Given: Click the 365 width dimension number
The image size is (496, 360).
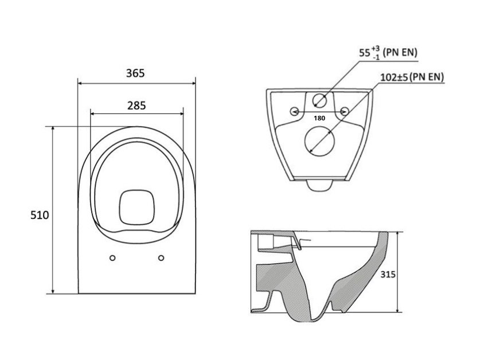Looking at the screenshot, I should (x=136, y=73).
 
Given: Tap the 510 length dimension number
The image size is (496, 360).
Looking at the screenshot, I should (x=40, y=215).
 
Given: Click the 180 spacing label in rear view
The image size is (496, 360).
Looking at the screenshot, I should (x=319, y=118).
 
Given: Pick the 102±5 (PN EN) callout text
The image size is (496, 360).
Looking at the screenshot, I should (x=412, y=77).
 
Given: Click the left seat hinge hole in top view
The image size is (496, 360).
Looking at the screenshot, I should (x=113, y=257).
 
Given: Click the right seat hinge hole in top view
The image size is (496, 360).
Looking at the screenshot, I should (x=161, y=257).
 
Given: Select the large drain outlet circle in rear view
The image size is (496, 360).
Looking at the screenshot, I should (x=320, y=140).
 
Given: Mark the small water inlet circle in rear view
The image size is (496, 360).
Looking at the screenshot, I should (x=320, y=102).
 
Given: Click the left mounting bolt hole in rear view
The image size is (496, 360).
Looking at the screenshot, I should (x=295, y=111).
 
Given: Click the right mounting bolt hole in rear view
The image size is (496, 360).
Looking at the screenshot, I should (x=345, y=111).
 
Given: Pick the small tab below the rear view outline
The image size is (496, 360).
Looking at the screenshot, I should (x=319, y=185).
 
